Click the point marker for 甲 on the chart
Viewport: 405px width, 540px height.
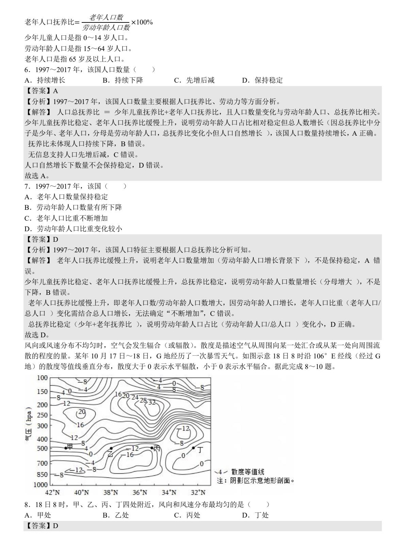tap(66, 448)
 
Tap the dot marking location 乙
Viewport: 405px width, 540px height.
tap(111, 448)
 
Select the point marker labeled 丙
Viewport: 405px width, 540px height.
tap(152, 448)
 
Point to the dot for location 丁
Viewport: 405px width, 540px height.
tap(193, 448)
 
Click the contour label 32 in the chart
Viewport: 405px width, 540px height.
tap(152, 402)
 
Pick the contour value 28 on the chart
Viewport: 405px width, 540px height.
tap(143, 400)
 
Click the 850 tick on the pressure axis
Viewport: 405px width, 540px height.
tap(43, 475)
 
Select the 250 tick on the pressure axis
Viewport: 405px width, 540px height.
tap(43, 415)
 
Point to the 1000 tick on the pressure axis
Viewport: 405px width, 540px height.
tap(41, 485)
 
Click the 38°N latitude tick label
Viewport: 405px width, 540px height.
tap(111, 492)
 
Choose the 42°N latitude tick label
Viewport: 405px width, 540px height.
tap(52, 492)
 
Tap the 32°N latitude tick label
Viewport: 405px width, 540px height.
tap(198, 492)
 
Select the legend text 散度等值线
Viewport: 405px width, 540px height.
tap(247, 472)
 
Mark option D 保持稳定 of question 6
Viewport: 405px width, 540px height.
tap(262, 80)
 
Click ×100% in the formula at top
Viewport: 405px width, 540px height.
tap(142, 22)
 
